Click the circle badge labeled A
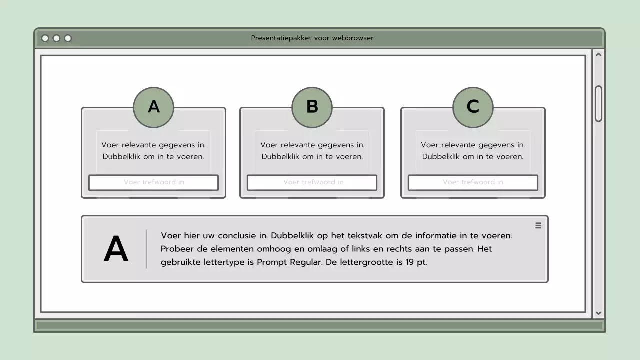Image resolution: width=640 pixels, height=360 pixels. (x=153, y=107)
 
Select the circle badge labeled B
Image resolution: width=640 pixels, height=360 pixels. (x=312, y=107)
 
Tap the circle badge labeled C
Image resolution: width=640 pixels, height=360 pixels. (x=473, y=107)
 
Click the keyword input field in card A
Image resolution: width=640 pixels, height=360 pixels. (x=153, y=182)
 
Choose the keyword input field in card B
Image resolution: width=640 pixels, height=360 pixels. (x=312, y=182)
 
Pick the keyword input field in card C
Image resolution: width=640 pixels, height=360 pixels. (x=473, y=182)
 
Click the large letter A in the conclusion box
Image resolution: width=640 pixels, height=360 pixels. (x=116, y=250)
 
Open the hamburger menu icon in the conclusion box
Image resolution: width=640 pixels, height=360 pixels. (x=538, y=225)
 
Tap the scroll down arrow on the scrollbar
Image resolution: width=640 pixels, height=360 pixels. (x=598, y=313)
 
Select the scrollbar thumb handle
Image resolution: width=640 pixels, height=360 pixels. (x=598, y=104)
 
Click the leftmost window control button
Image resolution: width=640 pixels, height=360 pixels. (x=45, y=38)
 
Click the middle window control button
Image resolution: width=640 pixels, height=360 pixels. (x=56, y=38)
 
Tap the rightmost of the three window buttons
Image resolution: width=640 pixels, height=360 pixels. (x=68, y=38)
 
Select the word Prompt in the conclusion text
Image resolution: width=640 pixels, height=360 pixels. (x=272, y=262)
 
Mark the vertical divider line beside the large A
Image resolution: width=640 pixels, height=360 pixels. (x=146, y=249)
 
